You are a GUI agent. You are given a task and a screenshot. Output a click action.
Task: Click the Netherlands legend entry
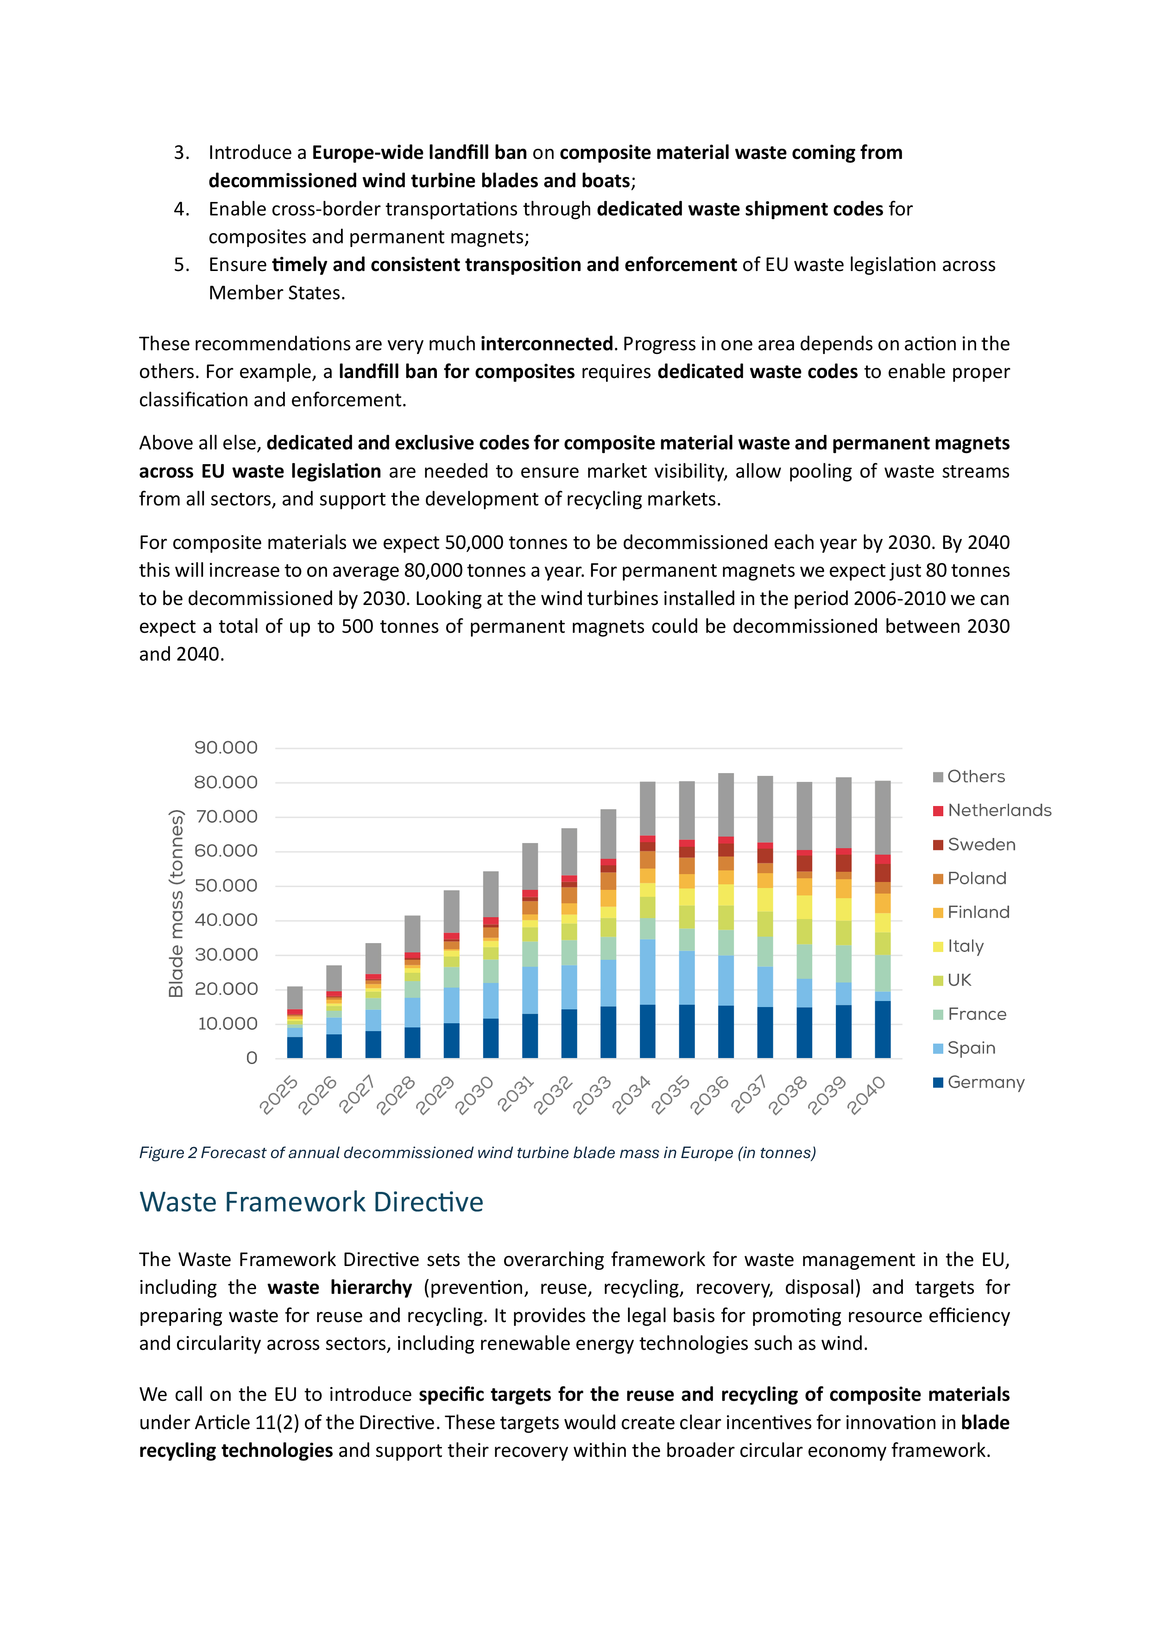click(x=998, y=810)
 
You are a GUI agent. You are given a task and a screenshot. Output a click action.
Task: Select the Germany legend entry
click(x=985, y=1082)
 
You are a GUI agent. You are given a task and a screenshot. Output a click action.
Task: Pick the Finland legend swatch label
click(x=978, y=912)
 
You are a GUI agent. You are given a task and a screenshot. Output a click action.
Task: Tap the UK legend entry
click(x=959, y=980)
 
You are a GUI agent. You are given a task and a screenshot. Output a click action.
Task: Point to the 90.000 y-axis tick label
click(x=226, y=748)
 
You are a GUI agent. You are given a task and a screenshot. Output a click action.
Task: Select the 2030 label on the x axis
click(x=475, y=1095)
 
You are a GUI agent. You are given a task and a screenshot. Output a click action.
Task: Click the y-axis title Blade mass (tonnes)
click(x=176, y=903)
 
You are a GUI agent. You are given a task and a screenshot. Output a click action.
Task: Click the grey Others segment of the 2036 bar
click(x=726, y=805)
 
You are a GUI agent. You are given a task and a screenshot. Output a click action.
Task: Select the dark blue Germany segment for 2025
click(x=295, y=1047)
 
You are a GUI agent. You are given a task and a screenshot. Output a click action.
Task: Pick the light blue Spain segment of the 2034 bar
click(x=647, y=972)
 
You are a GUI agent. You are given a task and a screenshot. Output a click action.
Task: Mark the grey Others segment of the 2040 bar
click(x=882, y=818)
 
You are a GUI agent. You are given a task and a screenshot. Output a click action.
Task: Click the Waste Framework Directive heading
click(x=311, y=1203)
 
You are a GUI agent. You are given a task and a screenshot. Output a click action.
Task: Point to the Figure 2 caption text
click(x=477, y=1153)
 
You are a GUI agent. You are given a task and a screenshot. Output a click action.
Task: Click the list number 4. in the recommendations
click(x=181, y=209)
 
